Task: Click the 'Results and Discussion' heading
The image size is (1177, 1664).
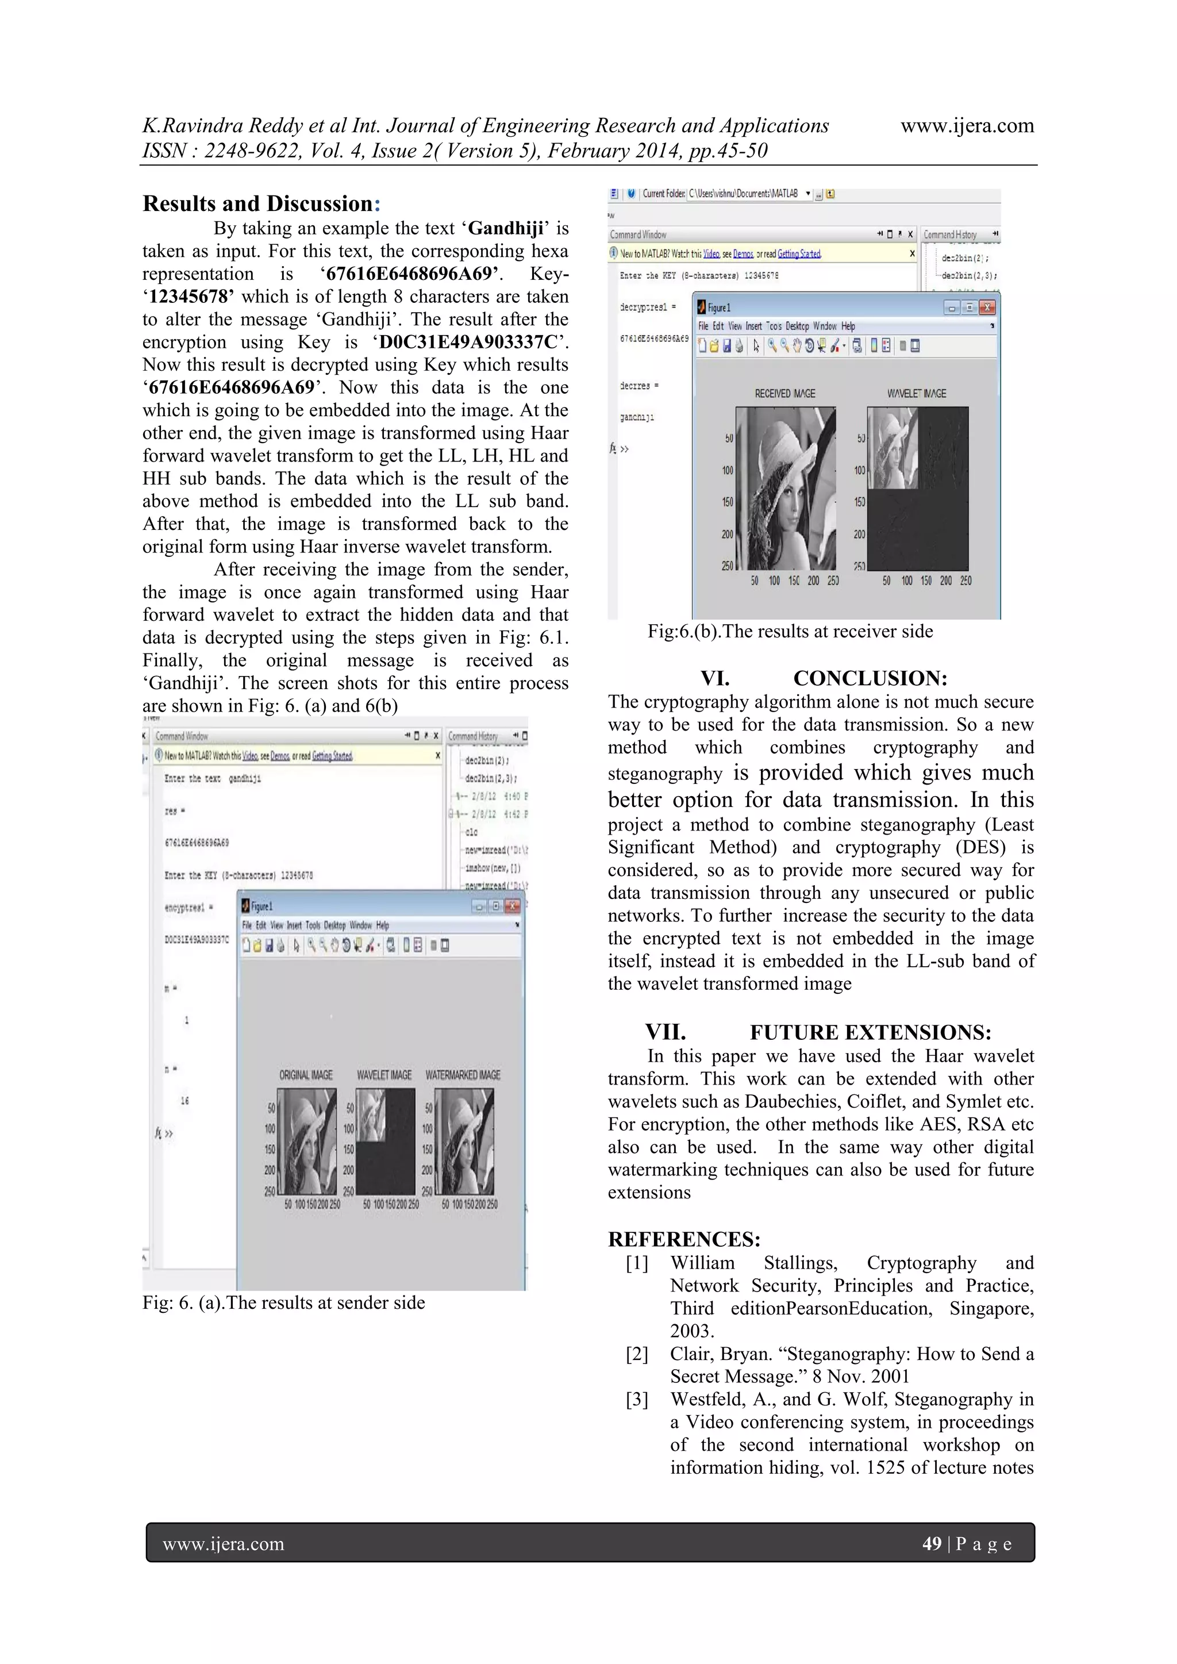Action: click(261, 203)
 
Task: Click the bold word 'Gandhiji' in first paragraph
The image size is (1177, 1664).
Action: click(506, 228)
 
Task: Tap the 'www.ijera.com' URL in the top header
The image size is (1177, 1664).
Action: click(967, 125)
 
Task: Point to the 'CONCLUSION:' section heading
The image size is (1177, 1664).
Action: click(870, 678)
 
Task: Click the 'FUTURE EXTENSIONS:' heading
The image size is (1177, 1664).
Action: click(870, 1032)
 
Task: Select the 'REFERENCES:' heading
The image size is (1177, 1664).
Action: click(683, 1239)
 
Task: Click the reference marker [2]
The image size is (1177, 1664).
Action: click(637, 1354)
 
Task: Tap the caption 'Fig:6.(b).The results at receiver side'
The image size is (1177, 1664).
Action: click(790, 631)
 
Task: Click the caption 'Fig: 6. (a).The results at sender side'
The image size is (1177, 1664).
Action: click(283, 1302)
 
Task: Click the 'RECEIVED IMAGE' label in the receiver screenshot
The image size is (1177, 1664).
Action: click(785, 394)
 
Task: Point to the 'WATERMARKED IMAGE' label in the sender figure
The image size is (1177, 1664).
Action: click(463, 1075)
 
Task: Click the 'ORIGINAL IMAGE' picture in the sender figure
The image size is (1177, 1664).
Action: click(306, 1142)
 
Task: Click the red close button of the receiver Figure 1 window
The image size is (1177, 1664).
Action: click(987, 308)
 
